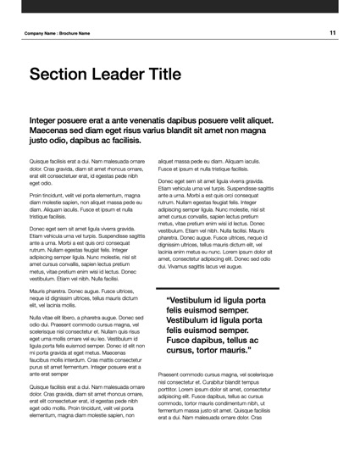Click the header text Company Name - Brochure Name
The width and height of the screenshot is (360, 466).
(58, 33)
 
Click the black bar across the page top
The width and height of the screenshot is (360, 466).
(180, 8)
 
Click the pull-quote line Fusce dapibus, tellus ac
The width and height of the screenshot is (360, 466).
(217, 336)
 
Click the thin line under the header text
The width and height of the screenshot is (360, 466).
(180, 41)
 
